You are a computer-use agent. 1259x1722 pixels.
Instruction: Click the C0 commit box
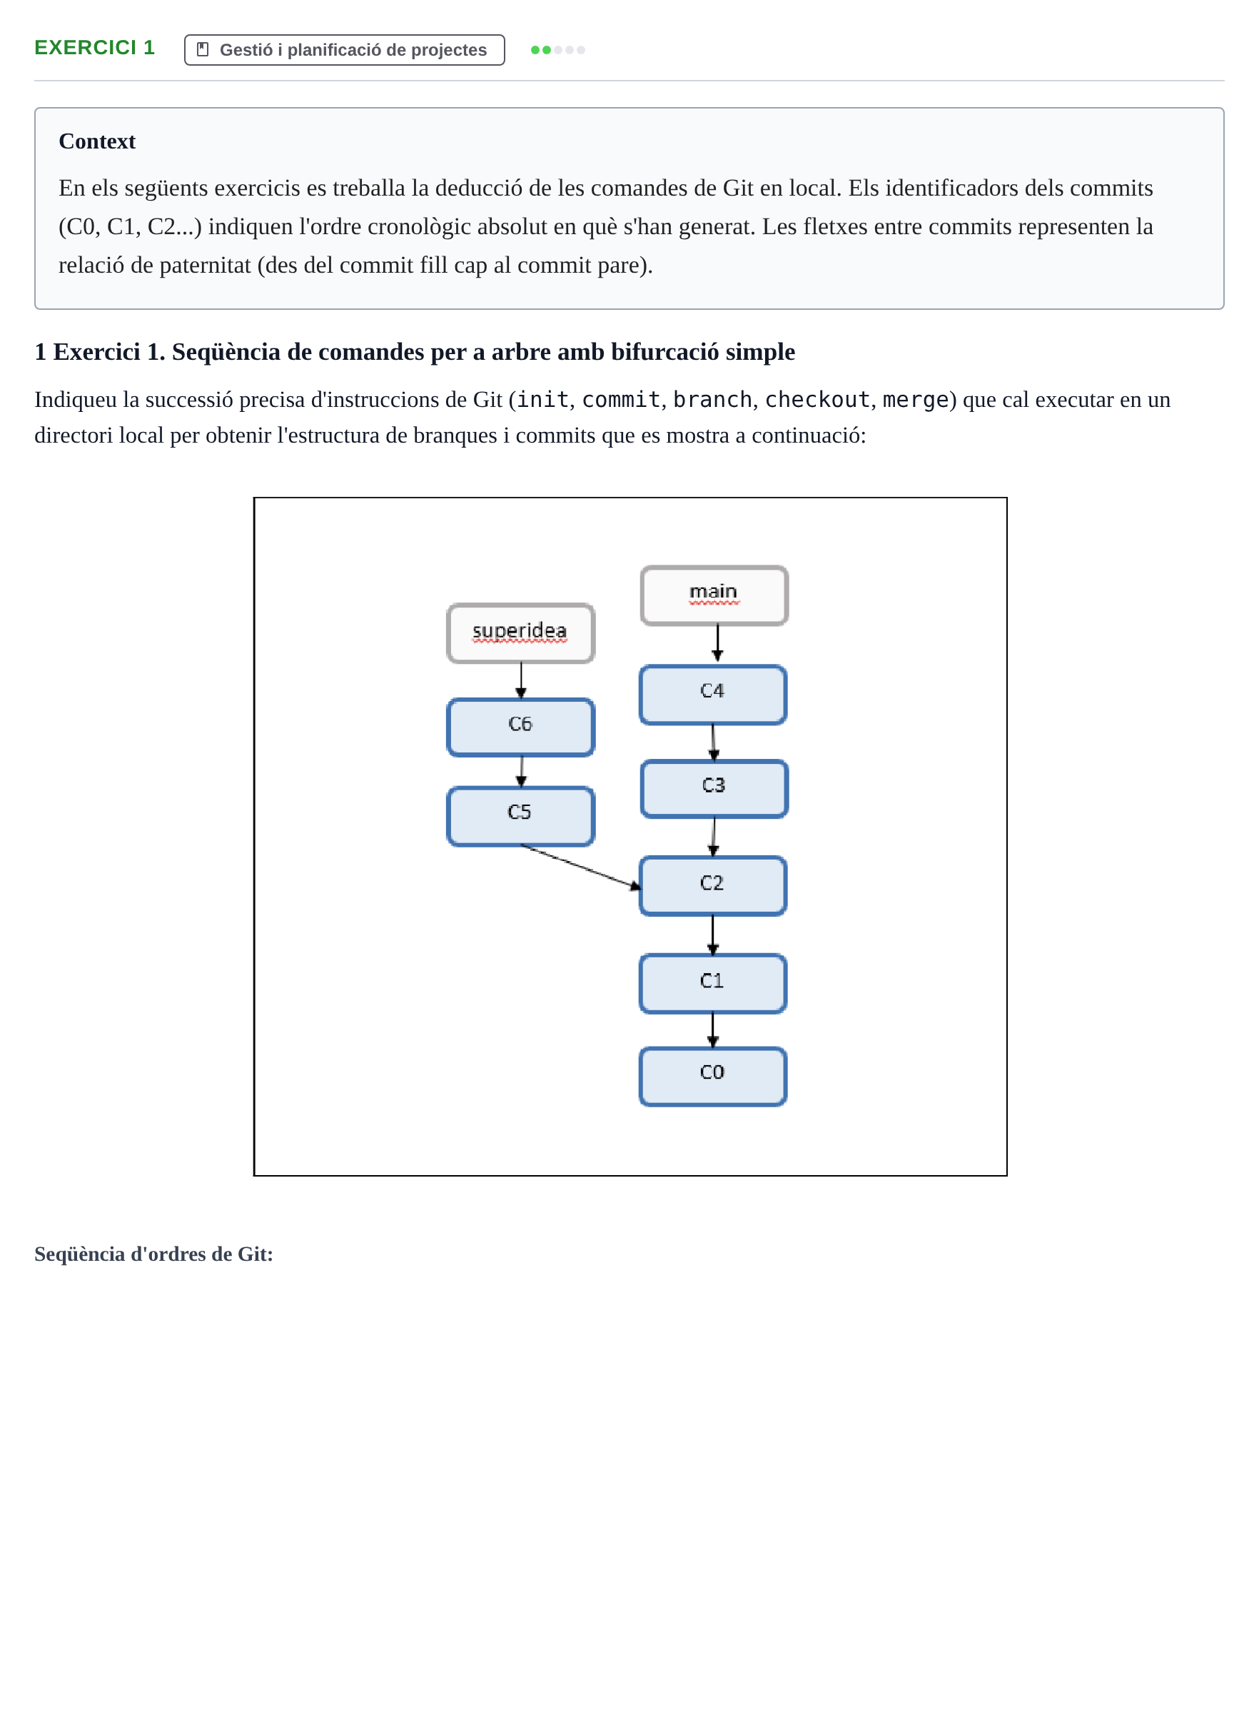tap(712, 1077)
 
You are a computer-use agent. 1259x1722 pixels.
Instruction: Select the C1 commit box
tap(712, 983)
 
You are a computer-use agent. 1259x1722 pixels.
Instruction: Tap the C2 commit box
tap(712, 886)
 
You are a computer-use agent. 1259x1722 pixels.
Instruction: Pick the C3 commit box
tap(714, 789)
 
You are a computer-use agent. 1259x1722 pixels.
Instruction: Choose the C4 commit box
tap(712, 695)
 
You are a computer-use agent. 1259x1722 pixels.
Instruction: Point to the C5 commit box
tap(520, 817)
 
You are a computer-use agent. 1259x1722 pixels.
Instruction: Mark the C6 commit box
tap(520, 727)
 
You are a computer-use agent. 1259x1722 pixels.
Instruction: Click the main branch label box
tap(714, 595)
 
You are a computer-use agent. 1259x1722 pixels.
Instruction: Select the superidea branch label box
tap(520, 633)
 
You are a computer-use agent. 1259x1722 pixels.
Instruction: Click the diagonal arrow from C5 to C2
tap(581, 867)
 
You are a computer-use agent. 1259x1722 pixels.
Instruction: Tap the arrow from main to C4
tap(717, 643)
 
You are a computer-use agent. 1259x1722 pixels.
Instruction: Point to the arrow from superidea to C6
tap(521, 680)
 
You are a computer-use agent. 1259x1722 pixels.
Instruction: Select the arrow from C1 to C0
tap(712, 1031)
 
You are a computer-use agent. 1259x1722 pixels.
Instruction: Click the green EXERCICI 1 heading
tap(94, 47)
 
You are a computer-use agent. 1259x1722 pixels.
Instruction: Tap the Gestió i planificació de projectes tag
tap(345, 49)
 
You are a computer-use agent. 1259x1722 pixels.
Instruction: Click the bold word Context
tap(97, 141)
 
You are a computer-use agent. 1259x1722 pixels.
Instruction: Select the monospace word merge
tap(915, 401)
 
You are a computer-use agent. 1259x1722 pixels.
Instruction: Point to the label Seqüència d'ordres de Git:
tap(154, 1254)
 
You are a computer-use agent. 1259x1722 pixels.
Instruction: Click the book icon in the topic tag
tap(203, 49)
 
